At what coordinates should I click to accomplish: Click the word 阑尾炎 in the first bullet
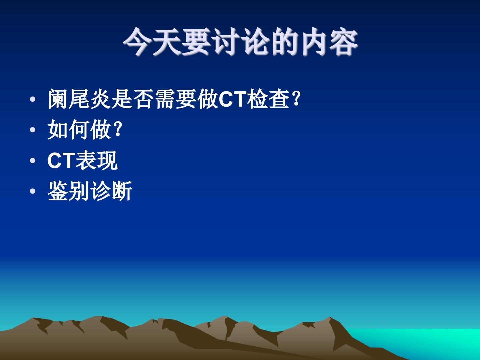pos(79,99)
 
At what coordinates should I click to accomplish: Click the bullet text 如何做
pos(79,129)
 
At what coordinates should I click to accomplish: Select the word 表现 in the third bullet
pos(97,160)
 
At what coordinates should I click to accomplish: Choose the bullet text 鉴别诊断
pos(90,191)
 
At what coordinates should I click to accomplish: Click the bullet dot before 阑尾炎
pos(33,99)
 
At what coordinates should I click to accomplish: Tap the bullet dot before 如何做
pos(33,130)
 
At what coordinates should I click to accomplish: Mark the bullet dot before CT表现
pos(33,161)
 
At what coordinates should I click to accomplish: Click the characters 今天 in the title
pos(152,42)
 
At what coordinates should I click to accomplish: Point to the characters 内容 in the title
pos(329,42)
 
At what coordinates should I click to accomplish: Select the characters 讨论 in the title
pos(241,42)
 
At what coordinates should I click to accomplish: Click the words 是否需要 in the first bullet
pos(154,99)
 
